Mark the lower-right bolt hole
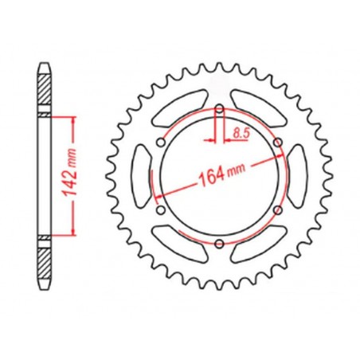click(x=277, y=209)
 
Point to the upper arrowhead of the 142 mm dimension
click(x=74, y=119)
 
